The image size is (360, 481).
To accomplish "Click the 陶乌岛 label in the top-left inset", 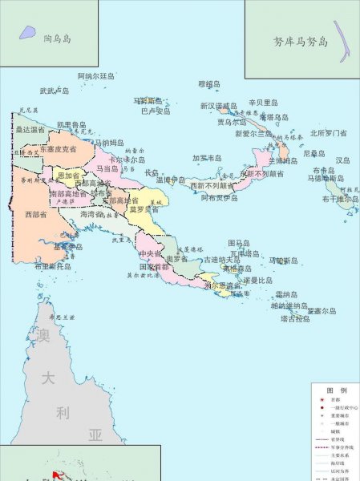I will pyautogui.click(x=59, y=37).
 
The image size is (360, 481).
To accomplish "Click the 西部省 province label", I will pyautogui.click(x=37, y=215).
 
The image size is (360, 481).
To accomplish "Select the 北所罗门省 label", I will pyautogui.click(x=328, y=133).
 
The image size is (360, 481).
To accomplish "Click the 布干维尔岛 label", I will pyautogui.click(x=340, y=198).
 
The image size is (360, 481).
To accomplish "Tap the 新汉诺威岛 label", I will pyautogui.click(x=219, y=106).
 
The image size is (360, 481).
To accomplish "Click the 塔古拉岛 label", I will pyautogui.click(x=295, y=318).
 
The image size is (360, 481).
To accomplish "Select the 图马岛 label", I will pyautogui.click(x=239, y=242).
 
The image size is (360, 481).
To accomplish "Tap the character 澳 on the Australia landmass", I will pyautogui.click(x=43, y=335).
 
